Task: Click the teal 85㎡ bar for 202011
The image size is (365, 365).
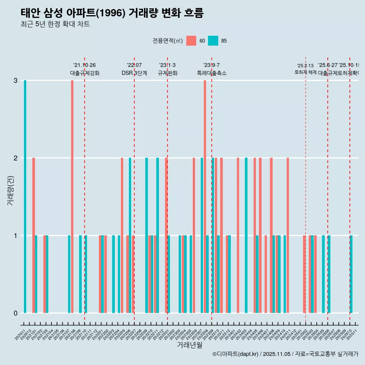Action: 25,197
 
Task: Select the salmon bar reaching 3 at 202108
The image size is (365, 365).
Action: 72,197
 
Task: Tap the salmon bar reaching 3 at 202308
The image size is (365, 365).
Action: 205,197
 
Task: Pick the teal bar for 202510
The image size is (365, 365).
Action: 351,274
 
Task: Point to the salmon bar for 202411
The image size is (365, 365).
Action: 288,235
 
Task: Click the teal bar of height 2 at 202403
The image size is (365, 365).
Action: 246,235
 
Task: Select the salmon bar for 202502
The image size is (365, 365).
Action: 305,274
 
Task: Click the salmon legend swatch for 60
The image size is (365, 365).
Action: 191,41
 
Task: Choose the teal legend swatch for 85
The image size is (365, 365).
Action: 213,41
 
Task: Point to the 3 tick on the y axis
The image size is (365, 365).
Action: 16,81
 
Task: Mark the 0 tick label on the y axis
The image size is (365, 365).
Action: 16,313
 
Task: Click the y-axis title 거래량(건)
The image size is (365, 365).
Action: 10,190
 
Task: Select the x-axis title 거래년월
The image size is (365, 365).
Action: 189,345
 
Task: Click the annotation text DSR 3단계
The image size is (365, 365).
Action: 134,73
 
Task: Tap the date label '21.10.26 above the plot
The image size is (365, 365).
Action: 84,65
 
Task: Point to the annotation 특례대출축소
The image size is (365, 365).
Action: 211,73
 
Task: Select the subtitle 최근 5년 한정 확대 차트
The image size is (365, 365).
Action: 55,24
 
